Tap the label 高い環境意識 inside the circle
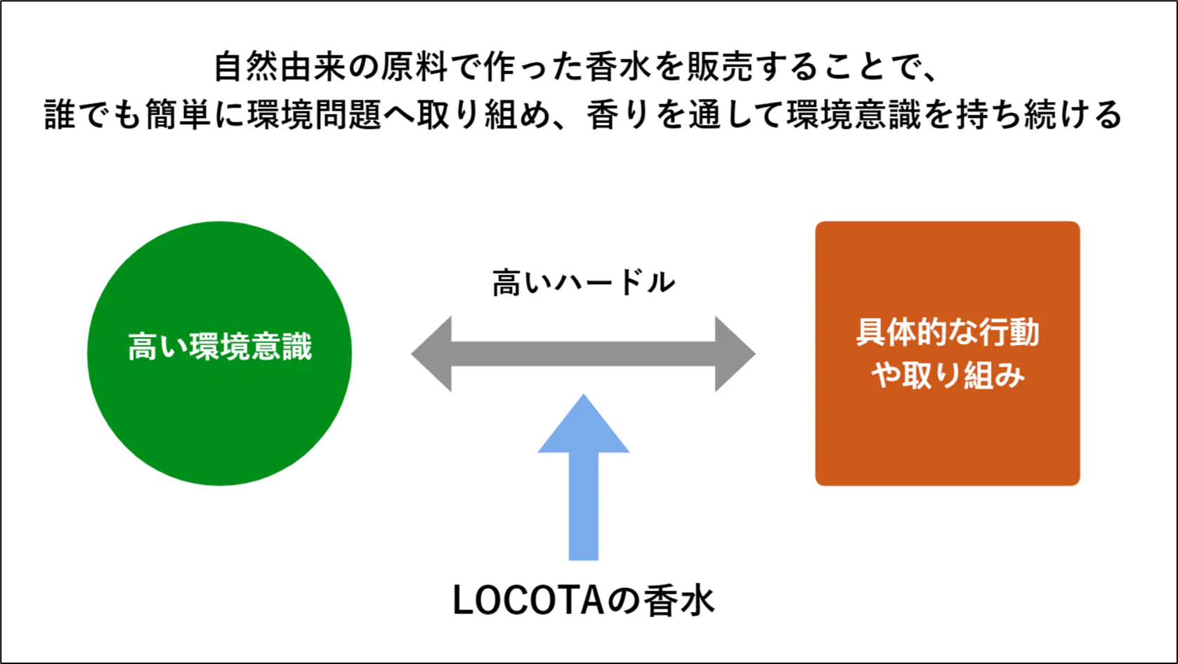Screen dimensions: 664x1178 tap(219, 347)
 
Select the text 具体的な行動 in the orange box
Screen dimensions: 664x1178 tap(947, 332)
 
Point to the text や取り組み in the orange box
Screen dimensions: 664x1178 tap(947, 375)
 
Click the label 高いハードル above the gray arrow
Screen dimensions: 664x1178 tap(583, 283)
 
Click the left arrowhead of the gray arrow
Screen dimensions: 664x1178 tap(433, 353)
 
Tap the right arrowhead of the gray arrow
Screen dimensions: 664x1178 tap(734, 353)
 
